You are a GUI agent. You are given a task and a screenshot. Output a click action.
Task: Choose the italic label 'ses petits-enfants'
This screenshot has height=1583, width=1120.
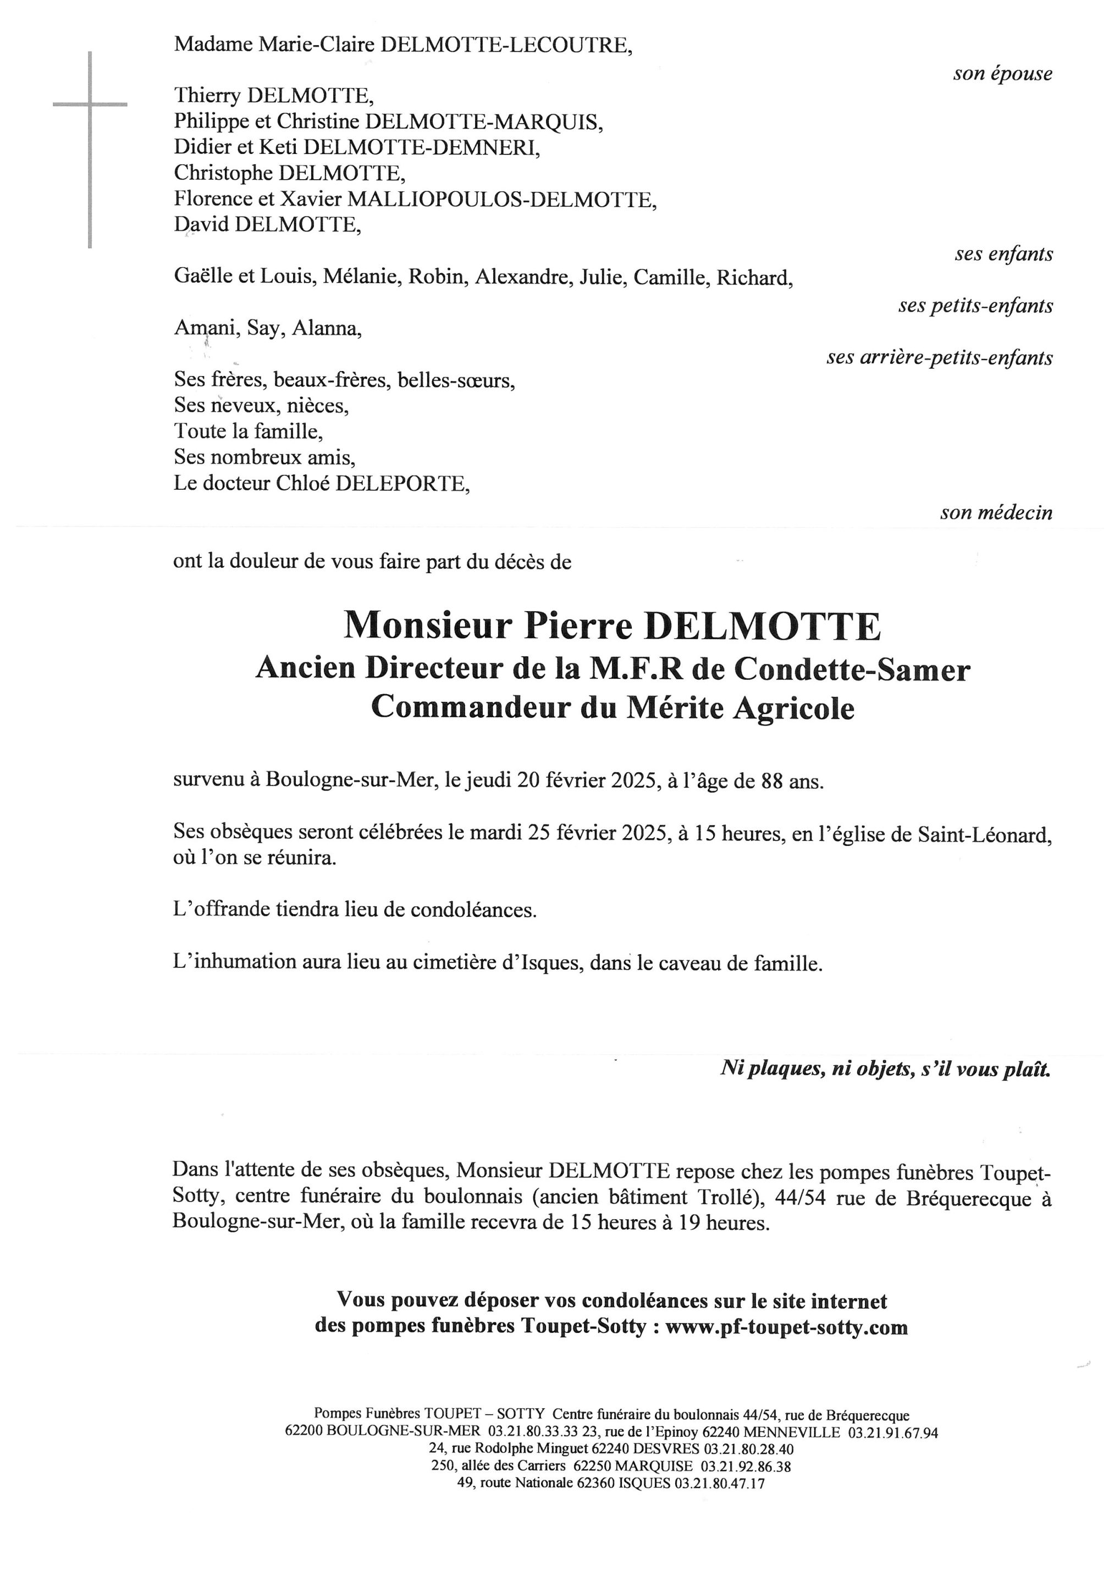(x=975, y=306)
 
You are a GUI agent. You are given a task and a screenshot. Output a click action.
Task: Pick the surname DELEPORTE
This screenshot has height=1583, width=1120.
(x=402, y=484)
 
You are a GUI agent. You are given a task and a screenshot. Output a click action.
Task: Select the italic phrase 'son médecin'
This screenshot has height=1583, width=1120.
(x=996, y=513)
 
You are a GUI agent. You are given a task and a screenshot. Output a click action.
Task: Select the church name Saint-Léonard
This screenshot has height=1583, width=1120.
(x=984, y=835)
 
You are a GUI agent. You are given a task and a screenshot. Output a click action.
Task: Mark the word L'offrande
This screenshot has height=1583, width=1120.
(x=220, y=911)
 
